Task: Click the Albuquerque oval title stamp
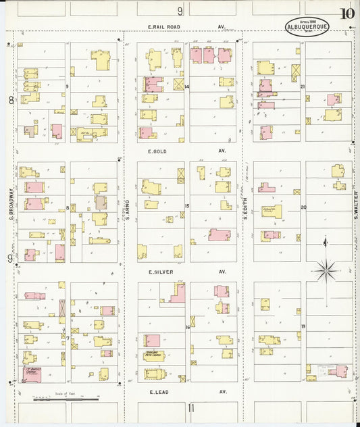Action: (307, 24)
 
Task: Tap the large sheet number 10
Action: (348, 14)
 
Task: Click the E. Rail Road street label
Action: (165, 27)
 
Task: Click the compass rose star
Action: (326, 271)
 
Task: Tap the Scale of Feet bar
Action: (66, 399)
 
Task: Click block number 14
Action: (187, 87)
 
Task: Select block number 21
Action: (303, 86)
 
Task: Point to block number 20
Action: (303, 207)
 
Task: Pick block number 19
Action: (303, 326)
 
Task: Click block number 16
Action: (187, 327)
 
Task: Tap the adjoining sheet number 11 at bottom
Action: (190, 407)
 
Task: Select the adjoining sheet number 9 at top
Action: (180, 11)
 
